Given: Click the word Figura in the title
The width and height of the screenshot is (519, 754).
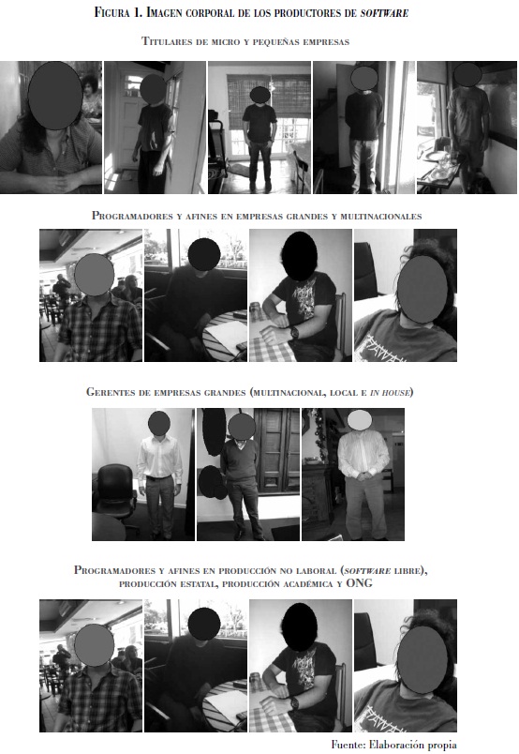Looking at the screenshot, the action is click(112, 12).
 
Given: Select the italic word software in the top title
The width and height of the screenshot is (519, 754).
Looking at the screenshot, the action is click(384, 13).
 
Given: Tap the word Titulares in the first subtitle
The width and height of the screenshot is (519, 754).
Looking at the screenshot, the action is click(166, 41).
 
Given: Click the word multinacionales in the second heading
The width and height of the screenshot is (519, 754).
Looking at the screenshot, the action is click(381, 216).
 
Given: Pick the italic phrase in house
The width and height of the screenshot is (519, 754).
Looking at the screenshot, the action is click(390, 392).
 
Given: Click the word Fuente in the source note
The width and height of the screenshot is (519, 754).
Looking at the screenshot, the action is click(348, 745).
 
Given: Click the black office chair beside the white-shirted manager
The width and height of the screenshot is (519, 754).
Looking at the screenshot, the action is click(116, 490).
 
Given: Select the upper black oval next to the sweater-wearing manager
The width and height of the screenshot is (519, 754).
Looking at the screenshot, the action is click(214, 431).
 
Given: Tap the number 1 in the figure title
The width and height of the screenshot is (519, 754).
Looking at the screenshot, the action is click(136, 12).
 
